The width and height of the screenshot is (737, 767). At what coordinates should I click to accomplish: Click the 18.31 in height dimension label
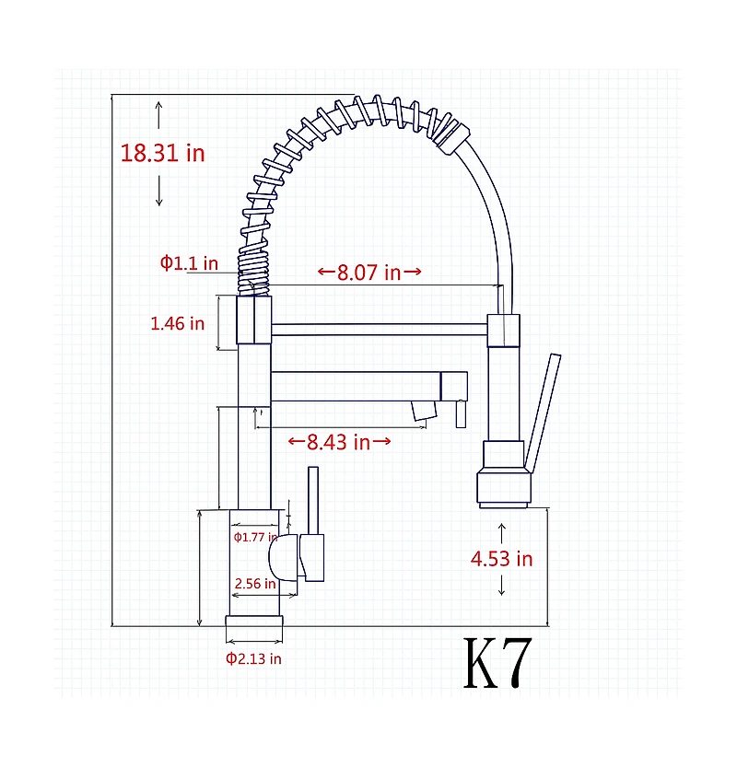pos(162,152)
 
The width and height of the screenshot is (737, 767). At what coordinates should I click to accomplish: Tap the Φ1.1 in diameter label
pos(189,263)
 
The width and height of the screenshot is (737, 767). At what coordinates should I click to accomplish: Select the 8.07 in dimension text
pos(368,273)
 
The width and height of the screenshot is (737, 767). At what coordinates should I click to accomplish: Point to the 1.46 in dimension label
pos(177,323)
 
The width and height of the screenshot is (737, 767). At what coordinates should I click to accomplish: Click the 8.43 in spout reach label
pos(339,442)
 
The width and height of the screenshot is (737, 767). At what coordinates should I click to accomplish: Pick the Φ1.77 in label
pos(254,537)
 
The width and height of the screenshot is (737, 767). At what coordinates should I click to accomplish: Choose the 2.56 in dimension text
pos(254,584)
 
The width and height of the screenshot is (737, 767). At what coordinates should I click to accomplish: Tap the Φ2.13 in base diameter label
pos(253,658)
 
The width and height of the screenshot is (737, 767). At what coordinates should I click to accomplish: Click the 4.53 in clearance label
pos(501,558)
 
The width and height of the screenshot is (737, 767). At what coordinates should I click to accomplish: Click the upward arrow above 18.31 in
pos(159,114)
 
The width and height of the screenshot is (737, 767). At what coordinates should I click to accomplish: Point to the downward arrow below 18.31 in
pos(159,191)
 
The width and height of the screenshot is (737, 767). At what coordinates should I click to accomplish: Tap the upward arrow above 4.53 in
pos(502,531)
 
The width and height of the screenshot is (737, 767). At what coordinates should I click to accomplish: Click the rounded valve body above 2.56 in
pos(284,558)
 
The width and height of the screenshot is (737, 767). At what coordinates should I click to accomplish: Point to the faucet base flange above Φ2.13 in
pos(253,629)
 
